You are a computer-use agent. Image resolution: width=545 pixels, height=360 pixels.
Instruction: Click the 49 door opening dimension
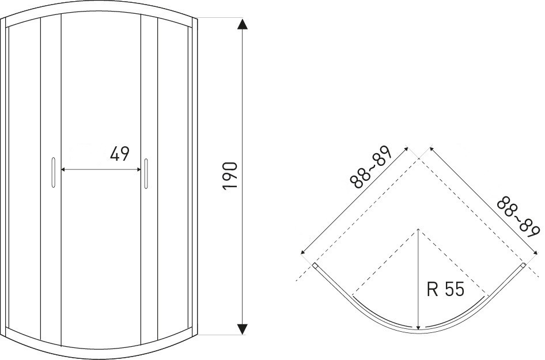[119, 154]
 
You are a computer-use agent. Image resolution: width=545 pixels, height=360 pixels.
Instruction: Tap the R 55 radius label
[445, 289]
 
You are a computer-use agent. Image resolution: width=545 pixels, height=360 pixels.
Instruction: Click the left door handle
[53, 172]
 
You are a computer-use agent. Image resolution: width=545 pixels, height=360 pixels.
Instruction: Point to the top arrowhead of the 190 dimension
[243, 24]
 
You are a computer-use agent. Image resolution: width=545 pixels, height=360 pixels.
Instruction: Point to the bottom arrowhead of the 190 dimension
[243, 329]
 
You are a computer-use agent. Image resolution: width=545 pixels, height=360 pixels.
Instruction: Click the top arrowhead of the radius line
[418, 231]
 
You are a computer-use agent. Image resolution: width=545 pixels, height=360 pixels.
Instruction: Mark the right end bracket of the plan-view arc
[522, 267]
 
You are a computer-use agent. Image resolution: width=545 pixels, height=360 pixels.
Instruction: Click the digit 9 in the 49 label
[124, 154]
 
